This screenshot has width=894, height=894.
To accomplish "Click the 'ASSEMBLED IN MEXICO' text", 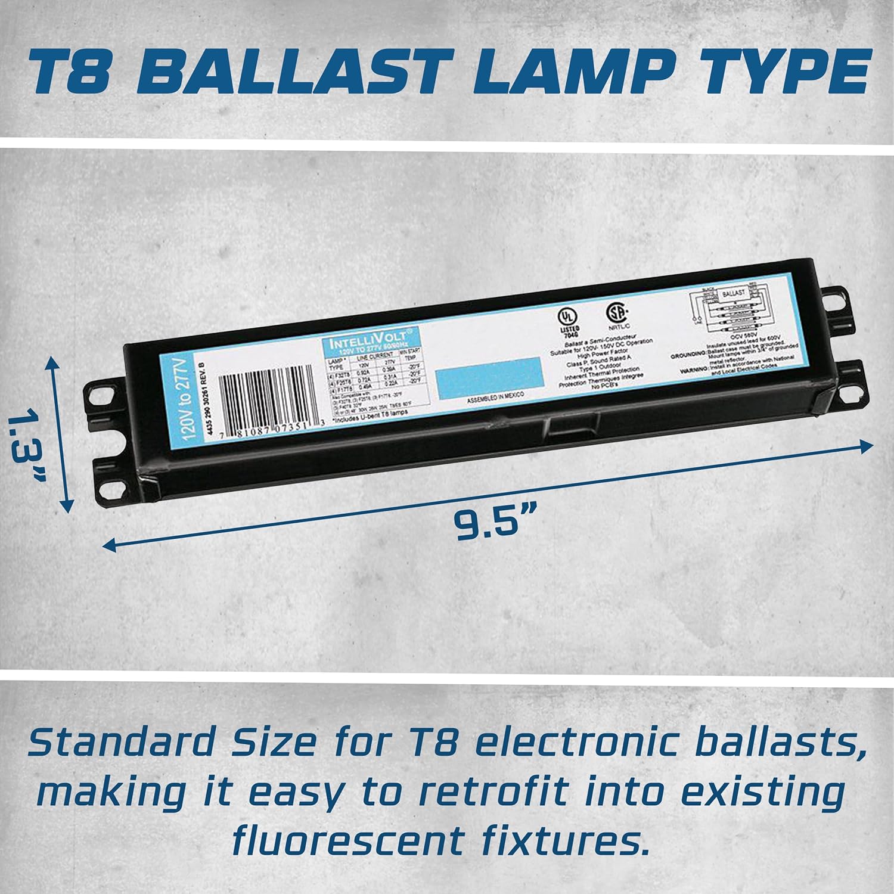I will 496,401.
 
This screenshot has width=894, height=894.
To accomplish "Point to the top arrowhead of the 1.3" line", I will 55,364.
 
